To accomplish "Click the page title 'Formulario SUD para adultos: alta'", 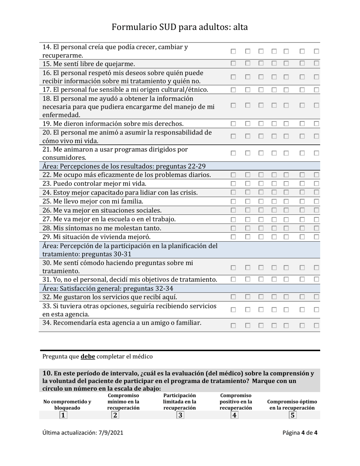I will pyautogui.click(x=180, y=27).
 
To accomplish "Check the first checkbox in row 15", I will pyautogui.click(x=234, y=63).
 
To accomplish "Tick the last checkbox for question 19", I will pyautogui.click(x=316, y=124).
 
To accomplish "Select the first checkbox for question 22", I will pyautogui.click(x=234, y=175).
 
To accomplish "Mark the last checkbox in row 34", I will pyautogui.click(x=316, y=325).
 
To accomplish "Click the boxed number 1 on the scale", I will pyautogui.click(x=63, y=415).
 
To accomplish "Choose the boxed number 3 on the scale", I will pyautogui.click(x=180, y=415).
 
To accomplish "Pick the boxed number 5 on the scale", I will pyautogui.click(x=292, y=415).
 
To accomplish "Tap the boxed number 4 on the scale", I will pyautogui.click(x=235, y=415).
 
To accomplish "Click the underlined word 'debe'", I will pyautogui.click(x=88, y=357).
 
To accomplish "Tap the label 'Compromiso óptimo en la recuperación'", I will pyautogui.click(x=292, y=405).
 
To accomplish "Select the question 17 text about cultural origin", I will pyautogui.click(x=125, y=89).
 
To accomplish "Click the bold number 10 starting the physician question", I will pyautogui.click(x=47, y=374).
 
